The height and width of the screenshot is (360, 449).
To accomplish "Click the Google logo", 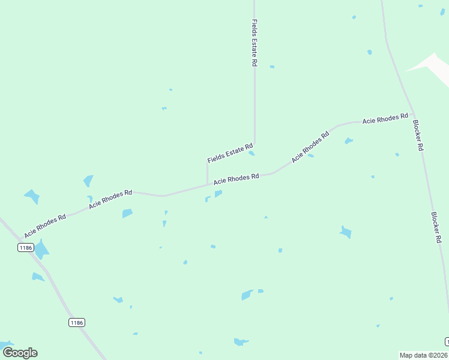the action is pos(20,353).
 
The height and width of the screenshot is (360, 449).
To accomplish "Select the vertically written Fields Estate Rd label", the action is pos(255,42).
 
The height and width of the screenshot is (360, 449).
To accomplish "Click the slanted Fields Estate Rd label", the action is pos(231,154).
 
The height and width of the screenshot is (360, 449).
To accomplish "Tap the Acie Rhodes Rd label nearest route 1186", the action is pos(45,226).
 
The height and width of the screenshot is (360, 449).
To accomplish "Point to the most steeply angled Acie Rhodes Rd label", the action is pos(311,147).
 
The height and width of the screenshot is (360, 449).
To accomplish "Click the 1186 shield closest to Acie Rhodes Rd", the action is pos(25,248).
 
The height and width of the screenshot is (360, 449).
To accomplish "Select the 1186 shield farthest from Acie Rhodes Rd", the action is pos(76,323).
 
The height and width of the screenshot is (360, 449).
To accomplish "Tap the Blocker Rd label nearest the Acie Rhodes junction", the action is pos(418,136).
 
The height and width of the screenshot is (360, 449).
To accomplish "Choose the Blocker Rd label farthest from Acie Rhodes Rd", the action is pos(436,227).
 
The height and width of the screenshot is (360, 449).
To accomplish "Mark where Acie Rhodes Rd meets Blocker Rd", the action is pos(414,115).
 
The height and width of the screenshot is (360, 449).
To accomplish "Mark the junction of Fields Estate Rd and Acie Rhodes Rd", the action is pos(208,184).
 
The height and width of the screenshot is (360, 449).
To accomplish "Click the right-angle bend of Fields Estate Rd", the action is pos(255,145).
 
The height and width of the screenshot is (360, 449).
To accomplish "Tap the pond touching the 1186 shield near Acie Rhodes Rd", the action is pos(41,248).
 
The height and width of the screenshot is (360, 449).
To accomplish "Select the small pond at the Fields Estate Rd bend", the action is pos(252,153).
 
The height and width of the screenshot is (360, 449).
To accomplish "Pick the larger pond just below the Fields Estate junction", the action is pos(218,193).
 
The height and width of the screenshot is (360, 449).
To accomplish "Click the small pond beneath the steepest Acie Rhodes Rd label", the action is pos(311,156).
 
